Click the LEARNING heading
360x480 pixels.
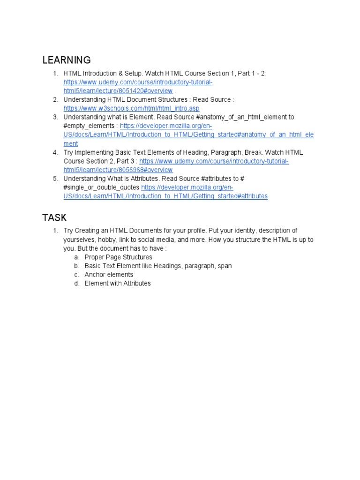(67, 60)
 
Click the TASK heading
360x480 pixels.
(54, 217)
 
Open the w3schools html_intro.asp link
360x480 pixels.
(132, 108)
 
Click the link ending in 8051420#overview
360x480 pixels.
(118, 91)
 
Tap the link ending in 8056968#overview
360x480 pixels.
(118, 170)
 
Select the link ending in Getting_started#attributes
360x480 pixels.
(165, 196)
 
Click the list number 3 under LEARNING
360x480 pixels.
(55, 117)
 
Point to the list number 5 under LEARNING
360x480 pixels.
(55, 179)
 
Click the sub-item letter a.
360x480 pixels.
(76, 257)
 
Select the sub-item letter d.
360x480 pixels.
(76, 283)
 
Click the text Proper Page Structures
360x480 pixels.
(118, 257)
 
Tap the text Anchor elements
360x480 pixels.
(109, 275)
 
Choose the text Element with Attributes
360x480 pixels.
(118, 283)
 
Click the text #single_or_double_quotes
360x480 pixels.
(101, 187)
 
